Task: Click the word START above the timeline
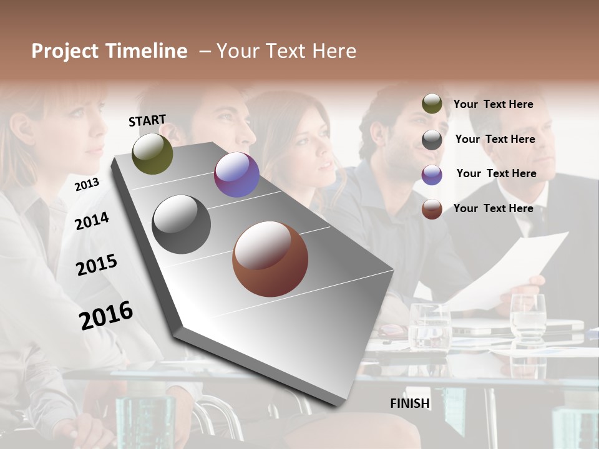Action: [x=147, y=120]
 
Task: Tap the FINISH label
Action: [x=410, y=403]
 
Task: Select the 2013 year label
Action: [x=87, y=184]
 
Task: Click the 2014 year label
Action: [x=92, y=221]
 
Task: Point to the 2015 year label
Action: [x=97, y=265]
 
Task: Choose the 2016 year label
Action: [x=106, y=315]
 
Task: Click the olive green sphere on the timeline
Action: [x=152, y=153]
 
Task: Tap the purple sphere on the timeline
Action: [x=236, y=175]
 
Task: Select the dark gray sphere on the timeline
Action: [x=181, y=224]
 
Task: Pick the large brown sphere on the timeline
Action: [x=270, y=259]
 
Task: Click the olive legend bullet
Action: [x=432, y=104]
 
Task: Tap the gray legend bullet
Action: [x=432, y=140]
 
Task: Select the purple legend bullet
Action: [x=432, y=175]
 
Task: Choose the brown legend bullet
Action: [x=432, y=209]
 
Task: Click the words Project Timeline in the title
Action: [x=109, y=51]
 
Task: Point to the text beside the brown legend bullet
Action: [x=493, y=208]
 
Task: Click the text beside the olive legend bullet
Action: [x=493, y=104]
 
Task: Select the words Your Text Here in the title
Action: [x=286, y=51]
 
